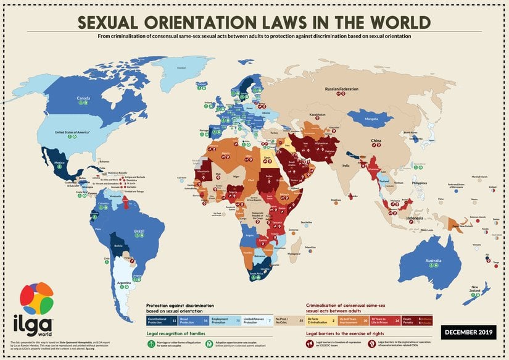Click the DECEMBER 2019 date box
pyautogui.click(x=466, y=332)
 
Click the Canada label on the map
pyautogui.click(x=84, y=98)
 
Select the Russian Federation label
pyautogui.click(x=341, y=89)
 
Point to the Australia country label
pyautogui.click(x=433, y=261)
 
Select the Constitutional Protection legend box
pyautogui.click(x=162, y=321)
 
